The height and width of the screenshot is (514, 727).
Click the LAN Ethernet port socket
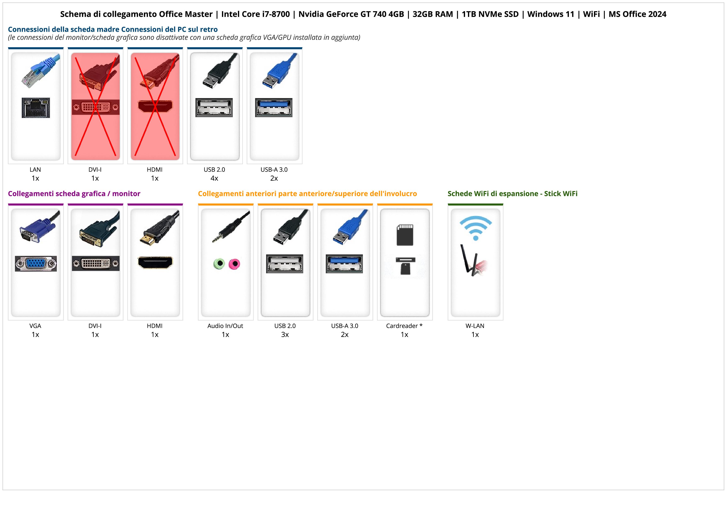(36, 108)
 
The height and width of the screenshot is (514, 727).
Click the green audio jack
(219, 264)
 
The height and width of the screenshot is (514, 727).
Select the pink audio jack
(234, 264)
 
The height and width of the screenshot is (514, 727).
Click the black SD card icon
(405, 235)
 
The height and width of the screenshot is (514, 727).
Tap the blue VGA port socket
(36, 264)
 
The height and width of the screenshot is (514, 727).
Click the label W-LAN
(475, 326)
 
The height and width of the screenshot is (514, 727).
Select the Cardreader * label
(404, 326)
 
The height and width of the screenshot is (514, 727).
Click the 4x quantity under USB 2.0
(214, 178)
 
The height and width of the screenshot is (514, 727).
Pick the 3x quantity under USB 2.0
(285, 335)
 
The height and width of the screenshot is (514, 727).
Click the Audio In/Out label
(225, 326)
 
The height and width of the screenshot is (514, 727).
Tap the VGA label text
(35, 326)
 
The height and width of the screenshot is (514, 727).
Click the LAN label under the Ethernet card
(35, 170)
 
